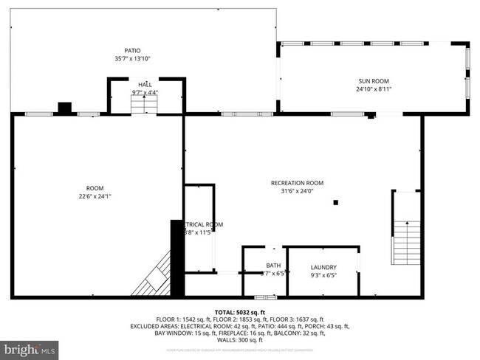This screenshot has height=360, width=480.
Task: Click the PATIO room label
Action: [x=132, y=50]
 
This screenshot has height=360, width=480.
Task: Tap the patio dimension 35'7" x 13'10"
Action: [x=132, y=58]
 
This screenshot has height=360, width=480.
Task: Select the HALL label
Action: [x=145, y=84]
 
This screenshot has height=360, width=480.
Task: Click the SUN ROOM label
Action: [x=374, y=81]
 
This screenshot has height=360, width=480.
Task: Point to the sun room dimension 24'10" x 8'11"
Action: [x=374, y=89]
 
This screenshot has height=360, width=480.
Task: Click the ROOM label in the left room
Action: [x=95, y=188]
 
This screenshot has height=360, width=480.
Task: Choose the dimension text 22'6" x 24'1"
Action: [x=95, y=196]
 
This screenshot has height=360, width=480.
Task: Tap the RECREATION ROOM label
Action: [x=297, y=183]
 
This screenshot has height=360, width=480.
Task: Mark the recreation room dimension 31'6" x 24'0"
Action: [x=297, y=191]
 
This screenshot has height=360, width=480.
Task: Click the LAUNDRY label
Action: [x=323, y=268]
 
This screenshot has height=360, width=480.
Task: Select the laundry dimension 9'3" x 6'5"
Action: [x=323, y=276]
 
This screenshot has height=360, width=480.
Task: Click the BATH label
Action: [x=273, y=266]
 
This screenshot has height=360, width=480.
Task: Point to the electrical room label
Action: [x=203, y=224]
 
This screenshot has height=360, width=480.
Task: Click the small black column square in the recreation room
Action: [x=337, y=201]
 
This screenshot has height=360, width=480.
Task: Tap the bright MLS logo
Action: [x=30, y=347]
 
